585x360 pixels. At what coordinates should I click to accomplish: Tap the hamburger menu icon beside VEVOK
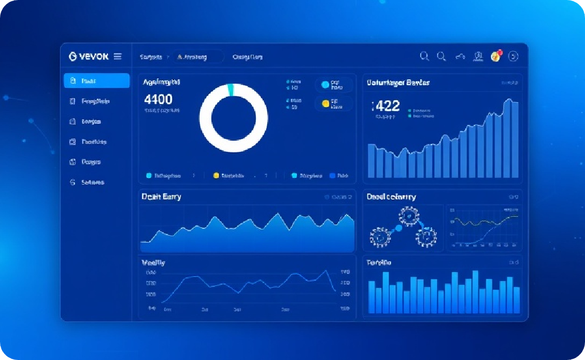click(x=118, y=56)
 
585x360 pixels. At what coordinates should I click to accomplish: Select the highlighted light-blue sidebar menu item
click(x=96, y=80)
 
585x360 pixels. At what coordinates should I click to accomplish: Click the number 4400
click(x=158, y=100)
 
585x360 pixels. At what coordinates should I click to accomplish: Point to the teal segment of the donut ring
click(x=229, y=89)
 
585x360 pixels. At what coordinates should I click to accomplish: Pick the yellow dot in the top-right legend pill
click(x=325, y=103)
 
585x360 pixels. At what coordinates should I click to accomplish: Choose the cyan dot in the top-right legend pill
click(x=325, y=85)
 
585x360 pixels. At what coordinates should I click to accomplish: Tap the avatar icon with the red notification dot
click(x=496, y=56)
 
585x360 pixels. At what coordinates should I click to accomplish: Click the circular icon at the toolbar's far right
click(x=513, y=56)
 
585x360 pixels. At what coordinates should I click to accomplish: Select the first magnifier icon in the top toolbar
click(x=425, y=56)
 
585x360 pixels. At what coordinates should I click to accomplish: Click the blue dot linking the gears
click(x=399, y=228)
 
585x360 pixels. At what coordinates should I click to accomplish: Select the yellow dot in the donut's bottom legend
click(x=216, y=175)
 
